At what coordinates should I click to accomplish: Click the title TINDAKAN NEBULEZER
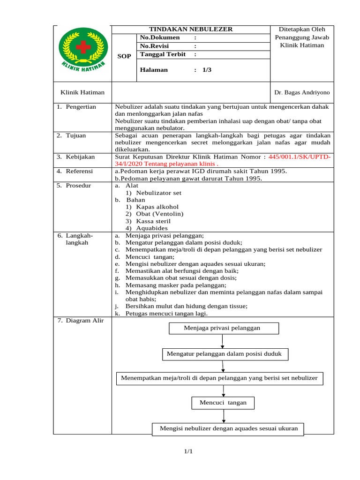pos(191,29)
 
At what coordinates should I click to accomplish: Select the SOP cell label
pos(124,56)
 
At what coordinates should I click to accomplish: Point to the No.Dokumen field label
pos(160,37)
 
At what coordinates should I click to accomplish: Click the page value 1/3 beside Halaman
pos(207,70)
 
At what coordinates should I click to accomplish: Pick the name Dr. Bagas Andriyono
pos(302,93)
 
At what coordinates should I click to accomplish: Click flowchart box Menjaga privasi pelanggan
pos(224,328)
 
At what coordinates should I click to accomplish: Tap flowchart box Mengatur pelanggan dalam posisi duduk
pos(225,354)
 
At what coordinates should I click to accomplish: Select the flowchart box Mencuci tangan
pos(223,403)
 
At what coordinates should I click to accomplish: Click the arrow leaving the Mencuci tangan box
pos(224,416)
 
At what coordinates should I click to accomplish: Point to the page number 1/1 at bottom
pos(188,451)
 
